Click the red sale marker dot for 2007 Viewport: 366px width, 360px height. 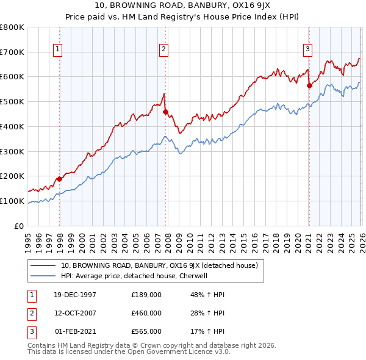165,112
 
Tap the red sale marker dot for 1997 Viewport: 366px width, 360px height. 60,179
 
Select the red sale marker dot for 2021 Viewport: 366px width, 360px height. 309,86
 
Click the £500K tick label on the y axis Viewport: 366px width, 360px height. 12,101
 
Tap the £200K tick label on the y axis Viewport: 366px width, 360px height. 12,176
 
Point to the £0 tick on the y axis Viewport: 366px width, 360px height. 18,226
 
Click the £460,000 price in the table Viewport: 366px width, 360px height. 146,313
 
